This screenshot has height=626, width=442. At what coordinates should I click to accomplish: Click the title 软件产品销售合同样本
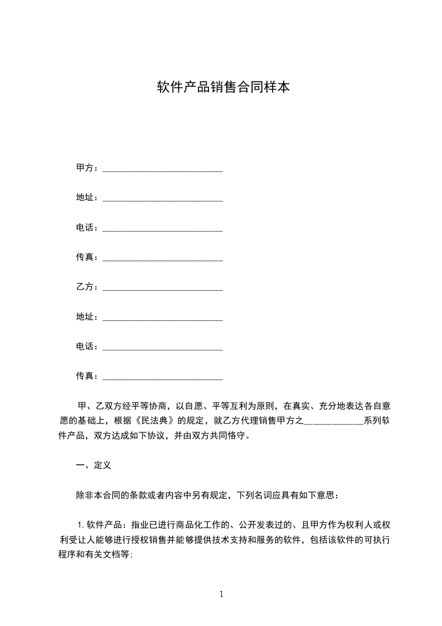coord(223,87)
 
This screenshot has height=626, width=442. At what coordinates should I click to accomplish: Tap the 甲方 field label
coord(85,168)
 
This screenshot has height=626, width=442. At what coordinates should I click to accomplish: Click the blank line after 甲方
coord(163,169)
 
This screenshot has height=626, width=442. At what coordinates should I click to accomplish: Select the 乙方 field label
coord(85,287)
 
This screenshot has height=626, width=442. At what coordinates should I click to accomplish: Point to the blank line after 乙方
coord(163,288)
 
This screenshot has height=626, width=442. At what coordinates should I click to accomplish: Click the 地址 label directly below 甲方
coord(85,198)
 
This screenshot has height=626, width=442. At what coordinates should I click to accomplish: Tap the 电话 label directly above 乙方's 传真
coord(85,346)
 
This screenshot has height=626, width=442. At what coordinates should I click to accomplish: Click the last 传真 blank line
coord(163,378)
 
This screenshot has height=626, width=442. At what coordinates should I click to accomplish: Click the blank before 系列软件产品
coord(333,422)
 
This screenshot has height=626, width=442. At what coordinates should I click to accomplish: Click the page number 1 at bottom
coord(221,595)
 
